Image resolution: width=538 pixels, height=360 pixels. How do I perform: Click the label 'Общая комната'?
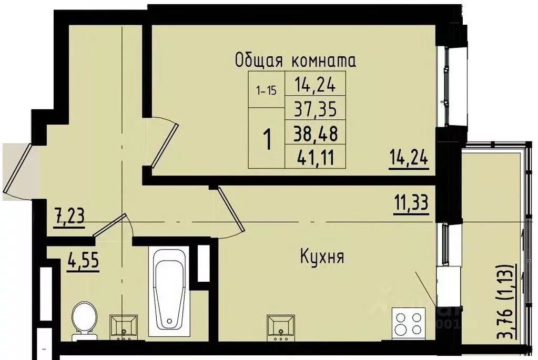(x=295, y=60)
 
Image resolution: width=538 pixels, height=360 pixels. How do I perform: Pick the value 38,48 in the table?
(x=316, y=133)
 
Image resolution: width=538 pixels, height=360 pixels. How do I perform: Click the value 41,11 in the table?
(x=316, y=156)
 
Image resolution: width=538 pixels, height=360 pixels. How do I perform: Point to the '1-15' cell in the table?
(x=266, y=90)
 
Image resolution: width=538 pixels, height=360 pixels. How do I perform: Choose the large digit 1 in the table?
(x=268, y=140)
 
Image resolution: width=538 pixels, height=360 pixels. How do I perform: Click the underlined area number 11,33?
(x=411, y=202)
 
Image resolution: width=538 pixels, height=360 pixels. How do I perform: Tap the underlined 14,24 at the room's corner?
(x=409, y=158)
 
